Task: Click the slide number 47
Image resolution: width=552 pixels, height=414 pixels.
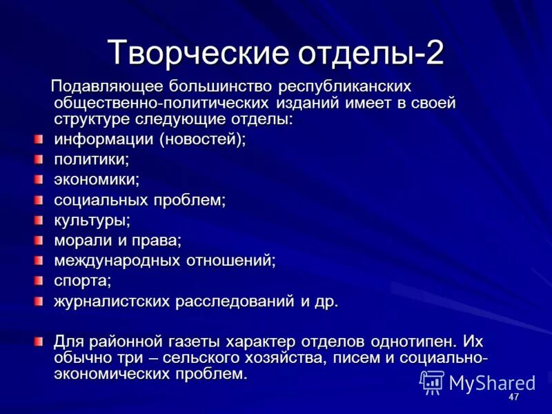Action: tap(513, 398)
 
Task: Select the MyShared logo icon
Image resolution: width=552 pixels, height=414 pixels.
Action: tap(432, 382)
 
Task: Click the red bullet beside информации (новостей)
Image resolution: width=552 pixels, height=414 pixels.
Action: tap(39, 140)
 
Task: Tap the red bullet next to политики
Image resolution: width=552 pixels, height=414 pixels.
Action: tap(39, 160)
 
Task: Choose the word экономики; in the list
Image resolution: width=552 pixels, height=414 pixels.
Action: tap(97, 180)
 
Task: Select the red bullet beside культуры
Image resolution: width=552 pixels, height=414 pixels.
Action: tap(39, 221)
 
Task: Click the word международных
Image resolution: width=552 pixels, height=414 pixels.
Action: tap(119, 261)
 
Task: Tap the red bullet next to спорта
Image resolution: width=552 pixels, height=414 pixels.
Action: tap(39, 281)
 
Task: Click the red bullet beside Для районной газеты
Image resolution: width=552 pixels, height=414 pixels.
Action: tap(39, 342)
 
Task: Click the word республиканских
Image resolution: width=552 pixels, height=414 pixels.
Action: tap(344, 87)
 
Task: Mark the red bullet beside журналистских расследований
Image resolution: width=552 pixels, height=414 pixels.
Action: tap(39, 302)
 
